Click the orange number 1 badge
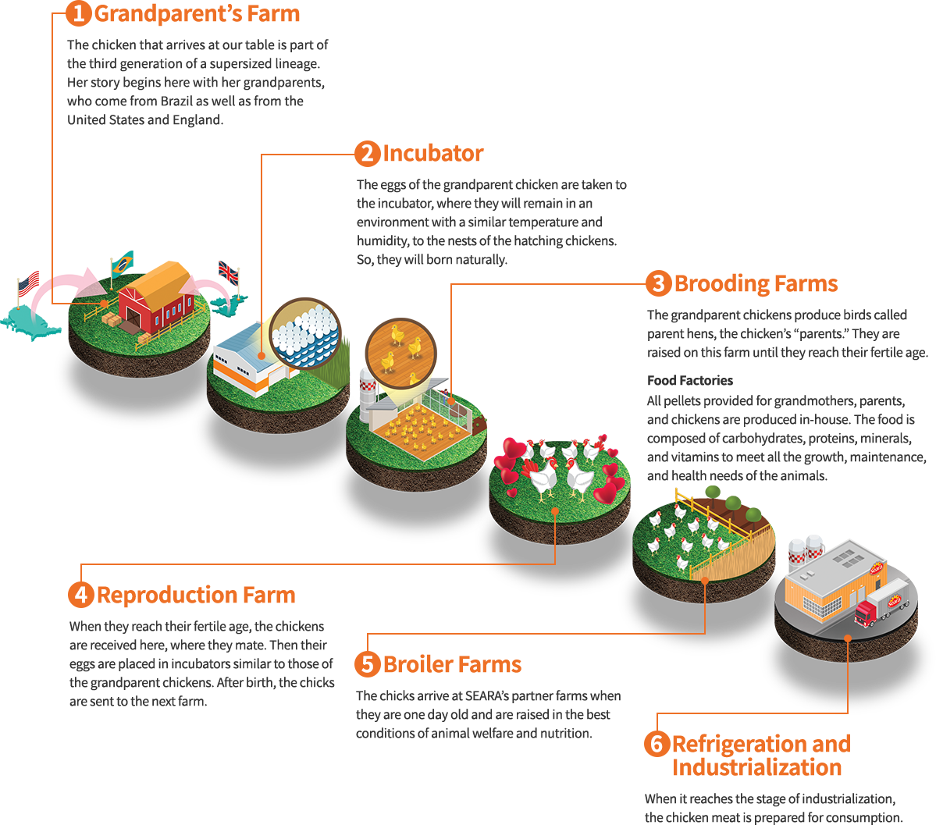78,13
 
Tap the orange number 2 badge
367,154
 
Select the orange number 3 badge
658,284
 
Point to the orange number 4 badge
80,596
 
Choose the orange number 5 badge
367,665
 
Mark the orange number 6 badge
657,744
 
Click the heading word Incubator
433,154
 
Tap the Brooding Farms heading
756,284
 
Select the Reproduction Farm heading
196,596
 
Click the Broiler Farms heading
452,665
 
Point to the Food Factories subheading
690,381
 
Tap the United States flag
33,283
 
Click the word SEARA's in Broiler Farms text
489,696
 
